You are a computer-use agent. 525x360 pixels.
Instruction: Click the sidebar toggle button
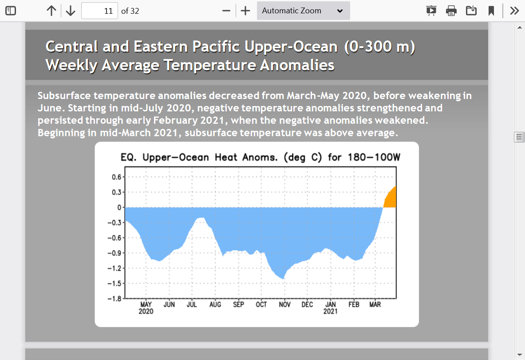(11, 11)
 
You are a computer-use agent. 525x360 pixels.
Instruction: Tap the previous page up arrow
(51, 11)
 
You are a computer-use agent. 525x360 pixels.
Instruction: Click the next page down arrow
(70, 11)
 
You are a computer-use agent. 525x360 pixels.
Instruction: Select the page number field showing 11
(99, 11)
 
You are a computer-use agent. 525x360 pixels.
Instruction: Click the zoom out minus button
(226, 11)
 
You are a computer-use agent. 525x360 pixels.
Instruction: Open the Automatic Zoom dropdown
(304, 11)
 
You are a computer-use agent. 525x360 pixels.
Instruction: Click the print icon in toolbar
(451, 11)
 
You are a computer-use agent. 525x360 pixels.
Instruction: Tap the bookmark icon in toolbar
(491, 11)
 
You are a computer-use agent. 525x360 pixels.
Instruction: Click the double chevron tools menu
(514, 11)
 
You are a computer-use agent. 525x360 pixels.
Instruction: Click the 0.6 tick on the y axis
(117, 177)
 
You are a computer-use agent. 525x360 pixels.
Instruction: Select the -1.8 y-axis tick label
(114, 298)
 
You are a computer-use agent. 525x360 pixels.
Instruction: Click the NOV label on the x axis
(284, 305)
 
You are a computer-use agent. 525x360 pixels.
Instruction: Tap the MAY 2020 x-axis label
(146, 308)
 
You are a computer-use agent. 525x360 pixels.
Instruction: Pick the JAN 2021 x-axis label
(331, 308)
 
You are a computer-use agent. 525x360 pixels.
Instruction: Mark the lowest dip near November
(284, 278)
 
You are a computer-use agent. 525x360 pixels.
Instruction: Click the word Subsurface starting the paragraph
(64, 95)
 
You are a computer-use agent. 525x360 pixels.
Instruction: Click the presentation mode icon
(431, 11)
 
